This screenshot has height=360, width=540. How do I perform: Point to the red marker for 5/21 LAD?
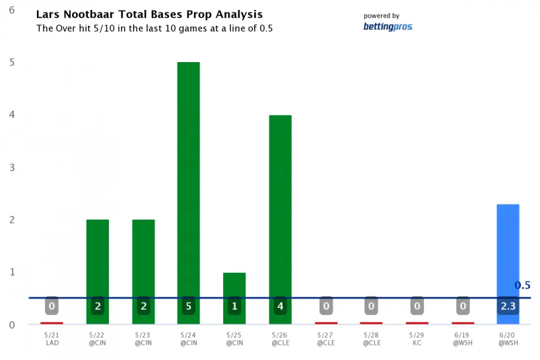click(x=51, y=323)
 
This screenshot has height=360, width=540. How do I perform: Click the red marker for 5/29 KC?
click(x=417, y=323)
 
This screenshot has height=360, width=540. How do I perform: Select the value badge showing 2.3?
click(x=508, y=306)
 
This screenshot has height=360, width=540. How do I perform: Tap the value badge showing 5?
click(x=189, y=306)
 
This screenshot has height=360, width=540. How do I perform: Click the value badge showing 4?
click(x=280, y=306)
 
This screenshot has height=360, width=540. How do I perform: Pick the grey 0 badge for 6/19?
click(x=463, y=306)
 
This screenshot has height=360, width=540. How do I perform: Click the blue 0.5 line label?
click(x=522, y=286)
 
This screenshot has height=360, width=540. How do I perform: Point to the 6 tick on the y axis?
click(x=13, y=10)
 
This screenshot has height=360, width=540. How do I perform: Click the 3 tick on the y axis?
click(x=13, y=167)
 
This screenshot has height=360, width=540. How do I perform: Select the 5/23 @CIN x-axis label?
click(x=143, y=340)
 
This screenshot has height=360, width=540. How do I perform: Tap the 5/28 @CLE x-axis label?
click(x=371, y=340)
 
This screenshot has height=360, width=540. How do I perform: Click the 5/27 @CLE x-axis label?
click(x=325, y=340)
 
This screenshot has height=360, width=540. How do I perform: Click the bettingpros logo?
click(x=388, y=26)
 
